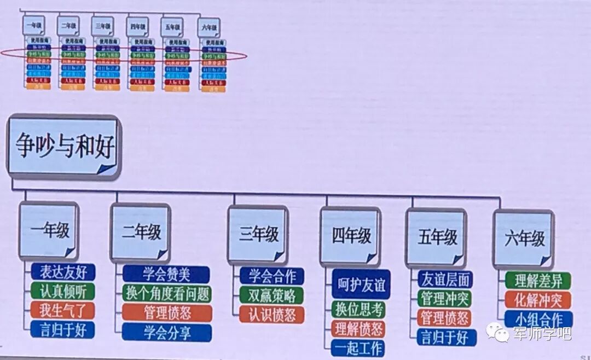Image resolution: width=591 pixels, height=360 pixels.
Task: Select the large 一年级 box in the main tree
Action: tap(49, 231)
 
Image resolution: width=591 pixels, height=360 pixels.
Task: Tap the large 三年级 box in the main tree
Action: tap(259, 234)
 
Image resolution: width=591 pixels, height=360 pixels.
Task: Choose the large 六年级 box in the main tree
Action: tap(524, 238)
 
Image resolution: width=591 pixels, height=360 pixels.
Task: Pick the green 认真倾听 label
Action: tap(62, 291)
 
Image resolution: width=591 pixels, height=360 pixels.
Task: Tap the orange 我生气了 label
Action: tap(62, 310)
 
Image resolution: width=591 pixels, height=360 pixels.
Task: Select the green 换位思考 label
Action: tap(359, 309)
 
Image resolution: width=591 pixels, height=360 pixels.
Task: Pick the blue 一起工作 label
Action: tap(358, 347)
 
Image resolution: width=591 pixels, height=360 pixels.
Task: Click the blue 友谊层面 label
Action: tap(444, 280)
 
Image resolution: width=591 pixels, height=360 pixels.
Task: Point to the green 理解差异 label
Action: tap(537, 281)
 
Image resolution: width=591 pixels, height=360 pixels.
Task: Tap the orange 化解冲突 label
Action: tap(537, 300)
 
